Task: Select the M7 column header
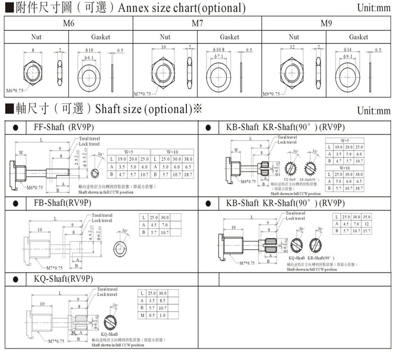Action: (197, 24)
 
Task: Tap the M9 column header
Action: (326, 24)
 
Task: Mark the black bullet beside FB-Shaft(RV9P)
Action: (15, 203)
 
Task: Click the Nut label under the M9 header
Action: (294, 37)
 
